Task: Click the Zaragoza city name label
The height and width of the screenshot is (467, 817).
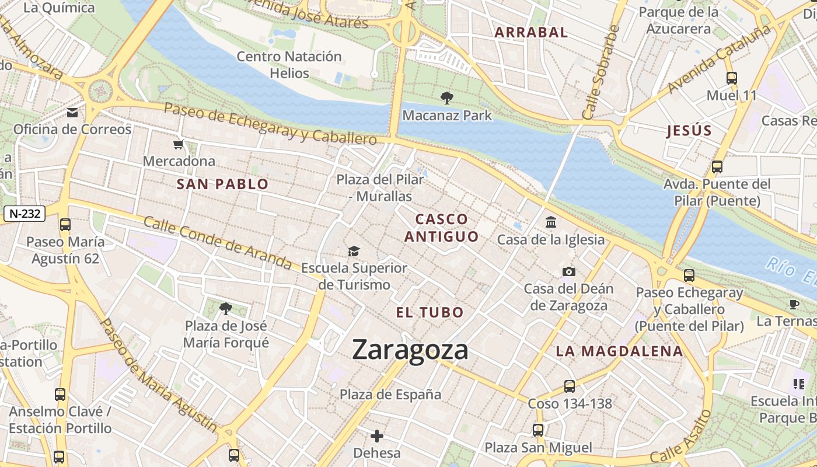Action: point(410,350)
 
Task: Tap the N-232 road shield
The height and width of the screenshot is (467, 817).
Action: point(25,214)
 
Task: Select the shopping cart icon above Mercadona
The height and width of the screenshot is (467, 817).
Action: point(179,144)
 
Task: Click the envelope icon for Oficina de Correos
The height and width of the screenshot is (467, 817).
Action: point(72,113)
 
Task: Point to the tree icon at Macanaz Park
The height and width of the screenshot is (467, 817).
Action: point(447,98)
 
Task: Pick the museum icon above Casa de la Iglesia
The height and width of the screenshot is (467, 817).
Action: point(551,222)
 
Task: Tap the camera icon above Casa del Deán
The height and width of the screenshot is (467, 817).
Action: point(568,271)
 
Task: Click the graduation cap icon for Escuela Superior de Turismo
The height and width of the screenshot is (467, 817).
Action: point(354,251)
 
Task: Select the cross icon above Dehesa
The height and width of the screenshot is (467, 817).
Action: point(377,436)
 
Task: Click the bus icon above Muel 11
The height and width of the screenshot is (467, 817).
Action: point(731,78)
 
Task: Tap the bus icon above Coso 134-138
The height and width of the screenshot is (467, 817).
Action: point(570,386)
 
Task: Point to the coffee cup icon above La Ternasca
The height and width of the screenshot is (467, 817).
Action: point(794,304)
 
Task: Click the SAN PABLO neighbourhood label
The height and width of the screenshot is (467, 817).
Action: point(222,184)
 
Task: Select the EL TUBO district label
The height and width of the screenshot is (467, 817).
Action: point(430,312)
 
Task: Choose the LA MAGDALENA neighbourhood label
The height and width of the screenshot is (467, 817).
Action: point(619,351)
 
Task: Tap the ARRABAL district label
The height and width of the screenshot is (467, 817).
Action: point(531,33)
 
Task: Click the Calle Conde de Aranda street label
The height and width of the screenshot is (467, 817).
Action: point(217,243)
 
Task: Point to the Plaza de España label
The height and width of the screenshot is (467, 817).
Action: point(390,395)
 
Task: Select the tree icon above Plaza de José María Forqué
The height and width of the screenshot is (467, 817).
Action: point(226,308)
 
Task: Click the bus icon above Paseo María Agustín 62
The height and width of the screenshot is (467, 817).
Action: point(65,225)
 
